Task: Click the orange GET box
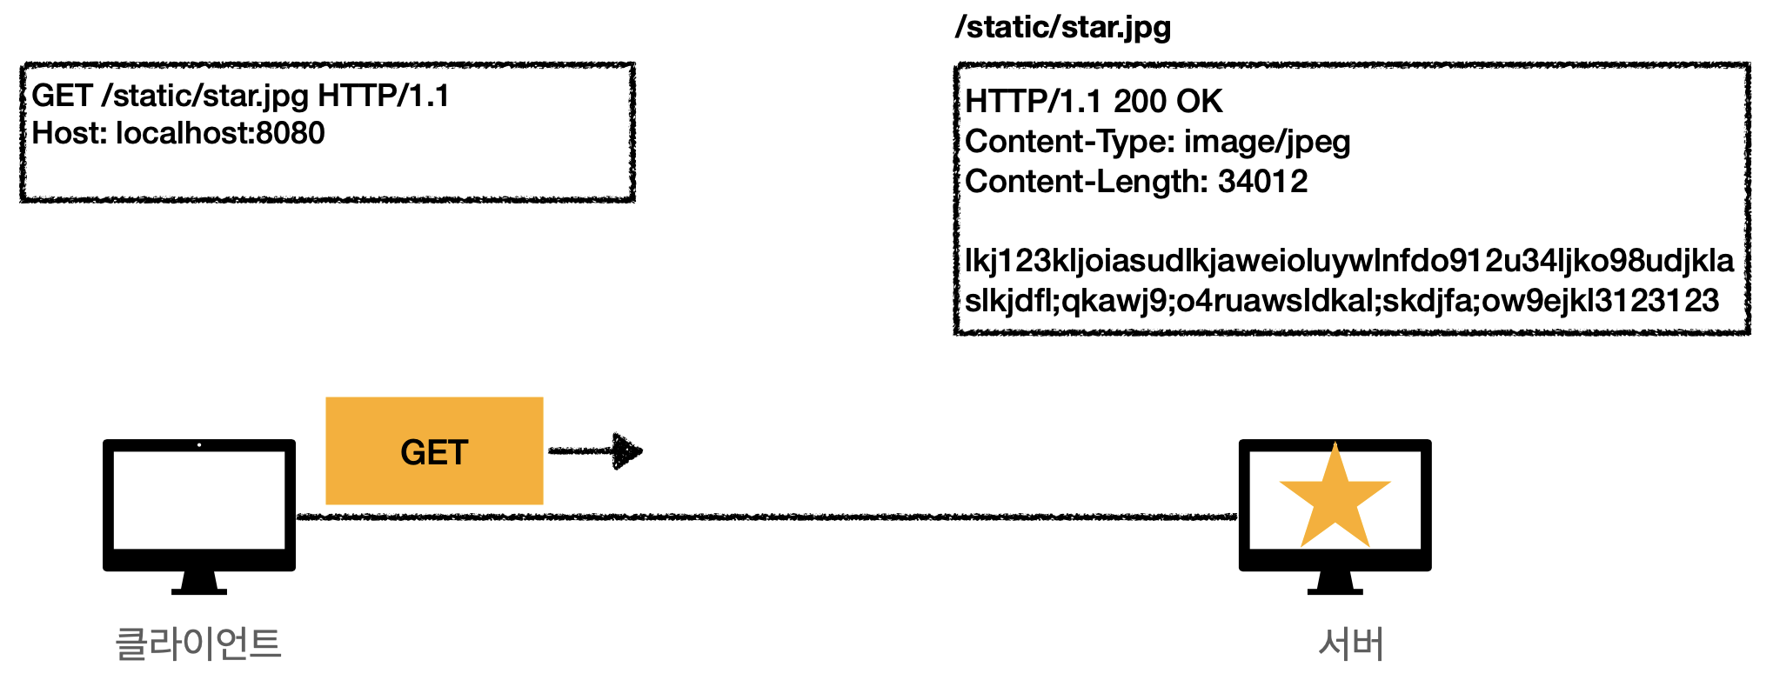434,450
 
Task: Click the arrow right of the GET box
596,450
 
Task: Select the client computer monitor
199,504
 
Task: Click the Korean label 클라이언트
198,644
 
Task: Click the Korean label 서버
1351,644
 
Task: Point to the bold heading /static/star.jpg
1062,27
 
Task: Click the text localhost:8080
220,133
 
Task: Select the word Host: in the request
69,133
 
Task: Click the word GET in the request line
62,95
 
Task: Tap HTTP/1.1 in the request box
384,95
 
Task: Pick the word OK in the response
1200,102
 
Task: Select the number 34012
1262,182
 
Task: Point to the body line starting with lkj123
1348,260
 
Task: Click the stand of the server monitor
1335,582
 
